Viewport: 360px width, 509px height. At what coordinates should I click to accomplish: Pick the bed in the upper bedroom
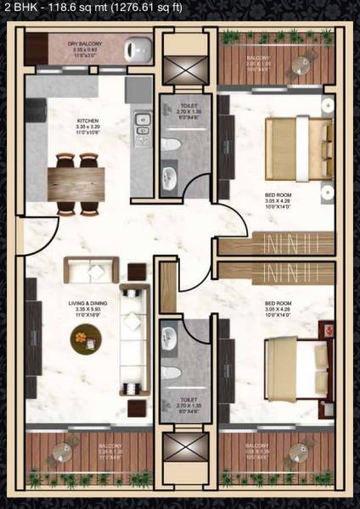(x=297, y=149)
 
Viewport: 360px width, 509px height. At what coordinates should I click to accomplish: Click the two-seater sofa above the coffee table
(x=83, y=271)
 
